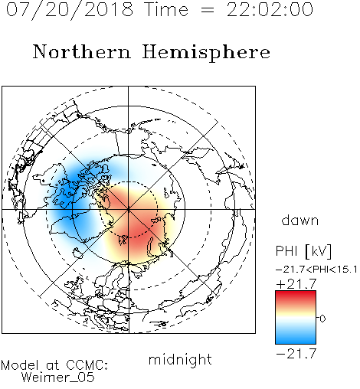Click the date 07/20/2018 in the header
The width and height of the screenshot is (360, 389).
[x=70, y=10]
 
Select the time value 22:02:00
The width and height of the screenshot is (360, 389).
[x=270, y=10]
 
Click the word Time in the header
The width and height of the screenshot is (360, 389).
[x=166, y=10]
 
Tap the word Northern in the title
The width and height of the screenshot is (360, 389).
[x=82, y=51]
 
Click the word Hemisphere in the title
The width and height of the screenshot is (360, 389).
[x=206, y=53]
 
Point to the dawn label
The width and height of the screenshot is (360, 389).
[x=299, y=220]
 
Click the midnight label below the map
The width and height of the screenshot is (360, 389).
[x=180, y=359]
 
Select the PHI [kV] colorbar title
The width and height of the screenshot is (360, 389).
[x=303, y=251]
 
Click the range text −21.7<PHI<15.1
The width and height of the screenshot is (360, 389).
[x=316, y=270]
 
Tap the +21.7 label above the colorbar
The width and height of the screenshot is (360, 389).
[x=296, y=284]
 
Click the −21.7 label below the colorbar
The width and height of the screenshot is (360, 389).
[x=296, y=354]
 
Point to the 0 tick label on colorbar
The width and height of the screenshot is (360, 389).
[x=322, y=319]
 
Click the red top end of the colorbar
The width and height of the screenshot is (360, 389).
[x=296, y=293]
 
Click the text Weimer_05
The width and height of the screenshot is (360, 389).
[x=57, y=378]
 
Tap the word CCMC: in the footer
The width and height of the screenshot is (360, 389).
[x=87, y=365]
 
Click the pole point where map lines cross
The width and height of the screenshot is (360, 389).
[x=129, y=209]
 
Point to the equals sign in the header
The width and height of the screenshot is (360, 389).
[x=208, y=10]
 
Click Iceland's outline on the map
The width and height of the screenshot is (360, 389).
[x=78, y=253]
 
